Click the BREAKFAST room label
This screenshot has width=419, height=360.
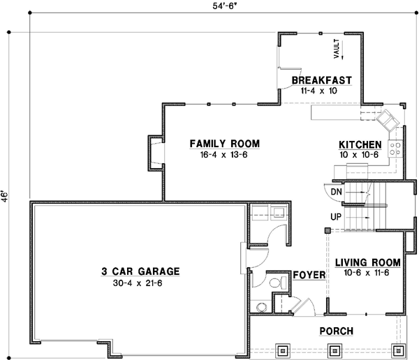pos(321,80)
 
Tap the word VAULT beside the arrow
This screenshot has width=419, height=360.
pos(336,48)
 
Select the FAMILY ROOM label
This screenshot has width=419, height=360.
pos(224,144)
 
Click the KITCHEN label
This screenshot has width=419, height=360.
pos(360,144)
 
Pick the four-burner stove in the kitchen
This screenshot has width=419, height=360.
pos(394,148)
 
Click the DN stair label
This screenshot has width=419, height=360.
pos(336,191)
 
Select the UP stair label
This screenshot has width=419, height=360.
pos(335,216)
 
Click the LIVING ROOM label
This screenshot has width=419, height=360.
pos(367,262)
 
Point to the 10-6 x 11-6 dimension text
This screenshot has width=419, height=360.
pos(367,273)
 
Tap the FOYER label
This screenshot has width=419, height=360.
pos(309,275)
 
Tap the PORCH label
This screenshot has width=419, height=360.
pos(336,331)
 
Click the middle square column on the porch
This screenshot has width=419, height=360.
pos(341,350)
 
